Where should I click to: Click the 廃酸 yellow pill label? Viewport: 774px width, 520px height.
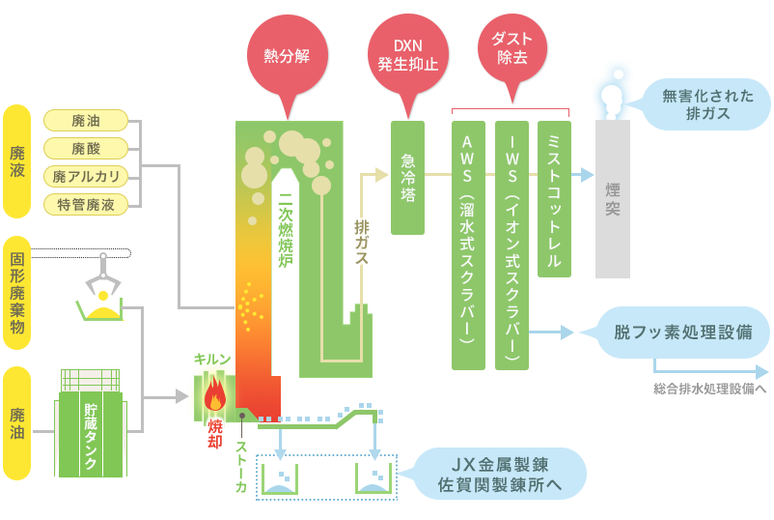point(86,148)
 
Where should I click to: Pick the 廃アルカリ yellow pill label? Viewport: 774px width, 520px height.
point(86,177)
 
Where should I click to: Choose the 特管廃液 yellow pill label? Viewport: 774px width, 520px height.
point(86,204)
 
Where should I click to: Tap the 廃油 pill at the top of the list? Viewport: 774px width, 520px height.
point(86,120)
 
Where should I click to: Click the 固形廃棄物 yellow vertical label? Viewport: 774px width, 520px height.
point(17,293)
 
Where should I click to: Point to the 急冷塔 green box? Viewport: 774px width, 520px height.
point(407,178)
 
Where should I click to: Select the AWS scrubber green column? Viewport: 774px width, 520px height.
point(468,246)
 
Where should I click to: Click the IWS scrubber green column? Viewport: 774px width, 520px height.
point(511,246)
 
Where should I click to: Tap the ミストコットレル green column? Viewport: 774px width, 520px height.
point(554,199)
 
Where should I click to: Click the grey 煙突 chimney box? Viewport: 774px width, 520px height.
point(613,199)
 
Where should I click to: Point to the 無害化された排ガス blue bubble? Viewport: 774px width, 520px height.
point(705,104)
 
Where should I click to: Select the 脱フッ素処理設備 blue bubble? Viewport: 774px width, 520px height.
point(681,332)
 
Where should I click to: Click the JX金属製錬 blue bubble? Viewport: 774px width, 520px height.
point(499,474)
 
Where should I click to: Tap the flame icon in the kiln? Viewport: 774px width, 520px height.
point(215,394)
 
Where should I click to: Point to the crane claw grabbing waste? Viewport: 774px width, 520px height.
point(102,276)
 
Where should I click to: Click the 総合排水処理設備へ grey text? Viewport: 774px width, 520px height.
point(710,389)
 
